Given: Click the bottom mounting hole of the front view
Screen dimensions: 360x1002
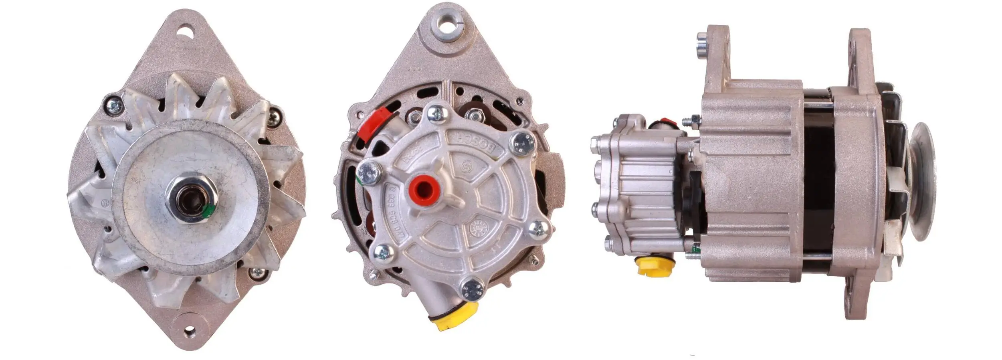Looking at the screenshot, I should point(188,332).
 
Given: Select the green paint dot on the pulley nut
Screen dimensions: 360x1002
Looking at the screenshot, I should point(208,211).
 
